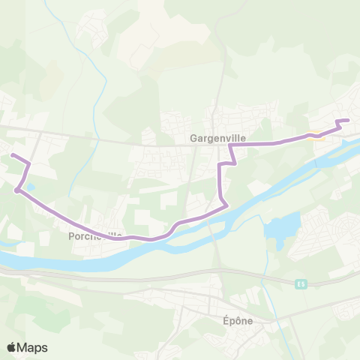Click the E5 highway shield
301,283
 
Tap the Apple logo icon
12,347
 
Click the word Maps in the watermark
33,347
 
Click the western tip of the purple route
10,155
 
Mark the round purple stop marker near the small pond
16,190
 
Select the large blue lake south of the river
281,226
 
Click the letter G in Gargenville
193,139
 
